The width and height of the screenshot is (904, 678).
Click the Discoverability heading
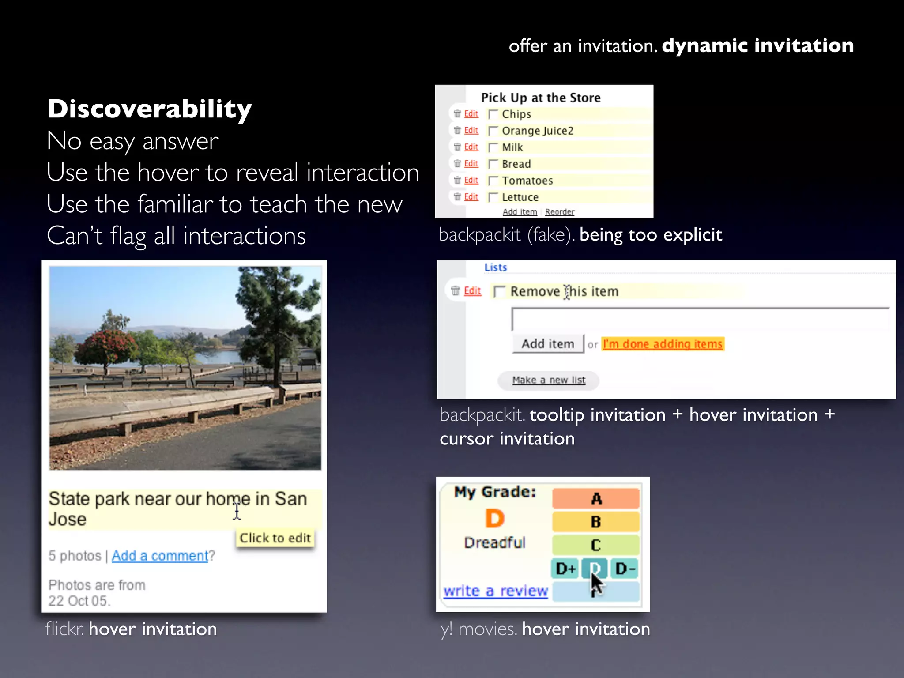[149, 109]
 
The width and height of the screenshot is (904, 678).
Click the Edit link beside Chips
[471, 114]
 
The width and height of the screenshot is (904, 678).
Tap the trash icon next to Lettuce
[457, 196]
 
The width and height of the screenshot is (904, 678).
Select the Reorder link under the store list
[559, 212]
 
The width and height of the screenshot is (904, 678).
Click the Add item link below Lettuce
[520, 212]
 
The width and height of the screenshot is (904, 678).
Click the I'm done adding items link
[663, 344]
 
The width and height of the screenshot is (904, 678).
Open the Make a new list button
[548, 380]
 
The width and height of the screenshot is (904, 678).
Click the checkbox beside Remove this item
[499, 291]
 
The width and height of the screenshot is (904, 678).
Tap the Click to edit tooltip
[275, 538]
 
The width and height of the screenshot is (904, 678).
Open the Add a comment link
[159, 556]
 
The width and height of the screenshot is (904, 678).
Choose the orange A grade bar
[595, 499]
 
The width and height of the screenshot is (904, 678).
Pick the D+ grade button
[565, 569]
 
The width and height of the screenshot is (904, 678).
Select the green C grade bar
[595, 545]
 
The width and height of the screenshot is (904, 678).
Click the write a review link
[495, 591]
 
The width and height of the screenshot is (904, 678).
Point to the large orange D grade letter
[494, 518]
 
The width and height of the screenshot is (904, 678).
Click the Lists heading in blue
[495, 267]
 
